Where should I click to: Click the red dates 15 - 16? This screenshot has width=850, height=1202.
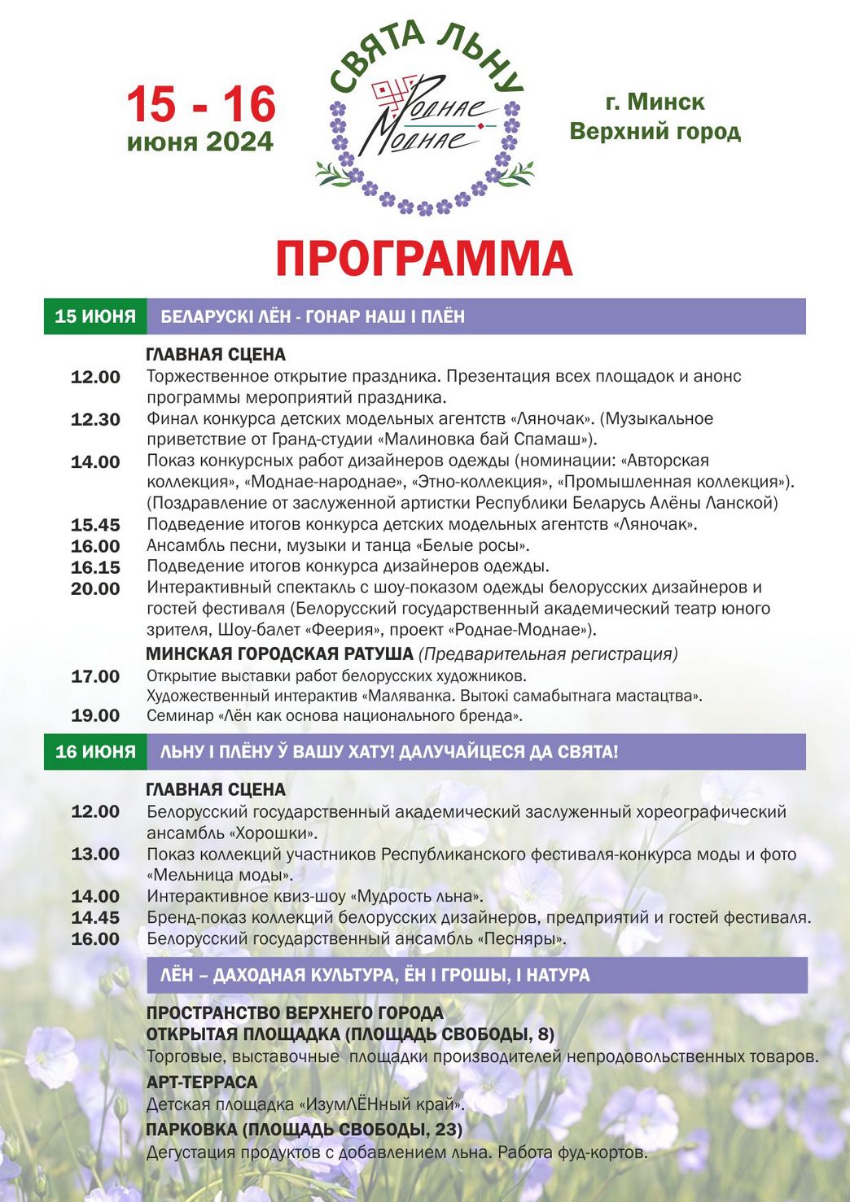click(x=200, y=104)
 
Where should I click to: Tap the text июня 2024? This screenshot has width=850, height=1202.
click(x=200, y=142)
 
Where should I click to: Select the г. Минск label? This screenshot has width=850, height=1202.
click(x=655, y=102)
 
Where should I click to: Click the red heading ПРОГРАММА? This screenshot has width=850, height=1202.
click(x=423, y=259)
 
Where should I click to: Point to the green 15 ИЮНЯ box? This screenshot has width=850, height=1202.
click(x=95, y=317)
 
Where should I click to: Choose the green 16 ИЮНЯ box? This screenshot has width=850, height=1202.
click(x=95, y=751)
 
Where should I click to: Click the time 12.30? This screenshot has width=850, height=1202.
click(x=95, y=420)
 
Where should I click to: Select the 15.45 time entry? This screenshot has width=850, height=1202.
click(x=95, y=525)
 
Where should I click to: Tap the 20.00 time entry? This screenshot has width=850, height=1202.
click(x=95, y=588)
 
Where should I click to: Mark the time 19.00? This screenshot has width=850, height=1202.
click(x=95, y=716)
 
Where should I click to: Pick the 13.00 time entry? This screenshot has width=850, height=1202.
click(x=95, y=854)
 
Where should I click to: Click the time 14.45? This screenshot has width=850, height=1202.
click(x=95, y=917)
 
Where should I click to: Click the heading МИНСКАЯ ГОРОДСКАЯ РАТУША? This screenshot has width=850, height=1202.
click(x=280, y=653)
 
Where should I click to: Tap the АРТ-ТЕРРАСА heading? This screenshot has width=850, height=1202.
click(x=202, y=1082)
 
